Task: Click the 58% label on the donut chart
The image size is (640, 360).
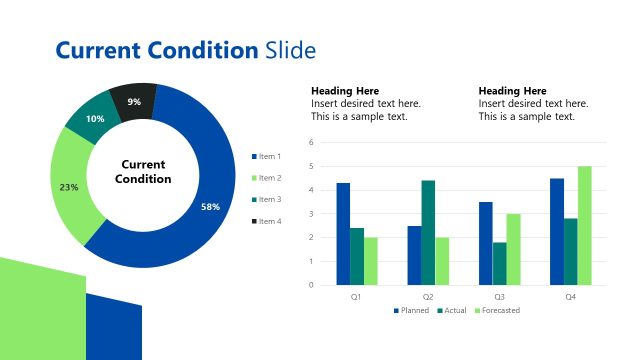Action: pos(210,207)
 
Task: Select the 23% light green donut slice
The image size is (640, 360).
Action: pos(69,187)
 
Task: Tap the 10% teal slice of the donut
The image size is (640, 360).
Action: pos(95,119)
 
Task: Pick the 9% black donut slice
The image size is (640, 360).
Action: pos(134,102)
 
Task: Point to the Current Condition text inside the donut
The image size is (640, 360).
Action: pos(143,171)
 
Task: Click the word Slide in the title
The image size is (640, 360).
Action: pos(290,50)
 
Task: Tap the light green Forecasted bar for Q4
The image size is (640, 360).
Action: pos(584,225)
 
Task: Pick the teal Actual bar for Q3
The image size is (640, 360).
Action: pos(499,263)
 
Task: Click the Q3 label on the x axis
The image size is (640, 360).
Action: pos(499,297)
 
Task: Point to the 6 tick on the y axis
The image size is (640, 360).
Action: pos(312,143)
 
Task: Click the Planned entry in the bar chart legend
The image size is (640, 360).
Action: pos(411,310)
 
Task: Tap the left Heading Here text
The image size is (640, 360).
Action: pos(345,90)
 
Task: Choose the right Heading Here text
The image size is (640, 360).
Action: pos(513,90)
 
